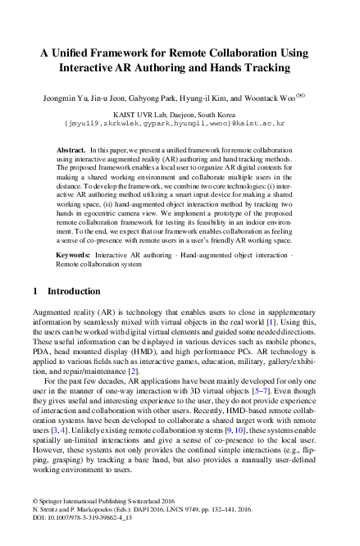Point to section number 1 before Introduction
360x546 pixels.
tap(34, 291)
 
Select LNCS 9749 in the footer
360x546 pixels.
tap(213, 529)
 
